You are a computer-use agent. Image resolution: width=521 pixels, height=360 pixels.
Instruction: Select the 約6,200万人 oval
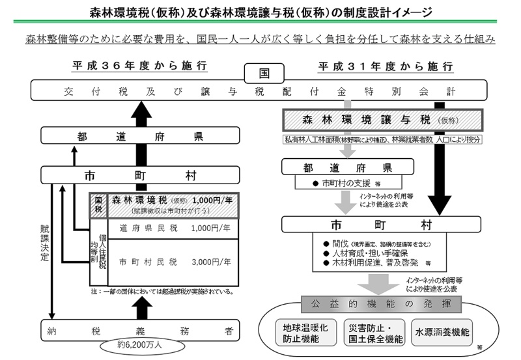tap(139, 345)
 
